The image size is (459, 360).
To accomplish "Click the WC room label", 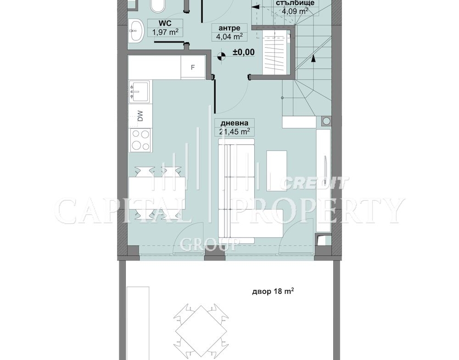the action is coord(165,23).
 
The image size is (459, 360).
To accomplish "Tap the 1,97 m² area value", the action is coord(165,32).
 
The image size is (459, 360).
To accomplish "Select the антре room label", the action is coord(229,28).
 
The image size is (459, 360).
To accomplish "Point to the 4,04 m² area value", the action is coord(229,37).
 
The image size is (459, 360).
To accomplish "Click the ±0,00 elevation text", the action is coord(244,52).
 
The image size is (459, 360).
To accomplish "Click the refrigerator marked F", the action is coord(193,67).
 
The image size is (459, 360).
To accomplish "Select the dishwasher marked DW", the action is coord(140,116).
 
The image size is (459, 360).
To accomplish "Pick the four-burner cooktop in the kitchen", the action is coord(140,140).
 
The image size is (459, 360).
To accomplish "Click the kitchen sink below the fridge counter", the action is coord(140,92).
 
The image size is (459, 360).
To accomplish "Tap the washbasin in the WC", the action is coord(136,30).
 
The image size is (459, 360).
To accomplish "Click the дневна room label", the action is coord(234,123).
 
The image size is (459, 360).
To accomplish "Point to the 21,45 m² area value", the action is coord(234,132).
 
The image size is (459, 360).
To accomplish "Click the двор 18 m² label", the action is coord(273,291).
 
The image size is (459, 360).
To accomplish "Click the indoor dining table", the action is coord(157,193).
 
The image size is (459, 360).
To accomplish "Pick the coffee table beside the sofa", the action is coord(276,171).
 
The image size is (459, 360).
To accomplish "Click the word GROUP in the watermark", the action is coord(209,245).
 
